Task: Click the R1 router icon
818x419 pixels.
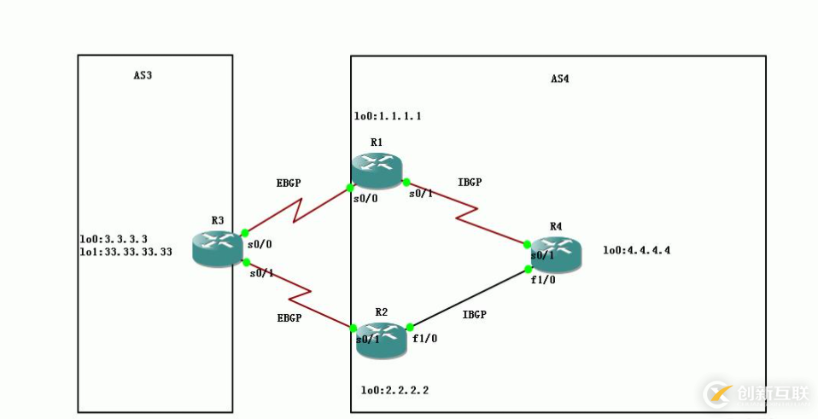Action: point(376,170)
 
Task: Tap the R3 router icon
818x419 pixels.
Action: point(217,247)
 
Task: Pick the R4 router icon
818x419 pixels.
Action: point(556,255)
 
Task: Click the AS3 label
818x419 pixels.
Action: point(143,75)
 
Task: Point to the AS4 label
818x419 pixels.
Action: point(559,79)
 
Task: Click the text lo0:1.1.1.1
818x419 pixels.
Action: point(388,116)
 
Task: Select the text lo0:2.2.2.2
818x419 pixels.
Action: point(394,390)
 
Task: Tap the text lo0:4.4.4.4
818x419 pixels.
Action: point(636,250)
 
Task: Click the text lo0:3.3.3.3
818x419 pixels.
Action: point(114,240)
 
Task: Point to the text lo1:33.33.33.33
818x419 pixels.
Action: point(125,252)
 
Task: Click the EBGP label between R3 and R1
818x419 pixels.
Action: point(289,183)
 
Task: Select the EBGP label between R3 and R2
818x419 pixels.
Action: point(289,317)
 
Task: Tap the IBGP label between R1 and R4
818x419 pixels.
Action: point(470,182)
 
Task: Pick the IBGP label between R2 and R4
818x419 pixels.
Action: point(474,314)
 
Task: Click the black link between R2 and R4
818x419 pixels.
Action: point(468,298)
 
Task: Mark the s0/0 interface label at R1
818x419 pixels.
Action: point(365,197)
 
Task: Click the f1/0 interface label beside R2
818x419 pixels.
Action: point(424,338)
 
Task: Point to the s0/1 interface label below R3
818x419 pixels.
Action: point(261,273)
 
